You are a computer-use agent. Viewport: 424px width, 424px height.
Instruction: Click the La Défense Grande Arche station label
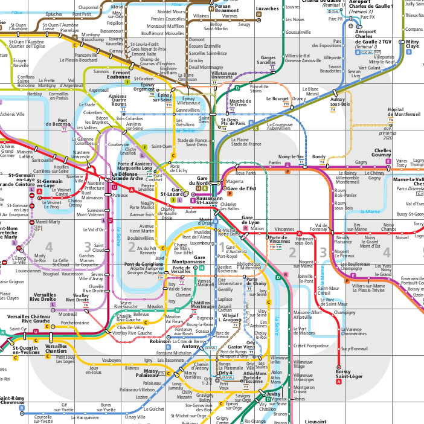pos(127,176)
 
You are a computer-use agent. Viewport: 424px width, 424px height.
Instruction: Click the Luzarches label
pos(268,9)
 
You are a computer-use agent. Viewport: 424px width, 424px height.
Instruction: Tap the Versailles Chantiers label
pos(56,349)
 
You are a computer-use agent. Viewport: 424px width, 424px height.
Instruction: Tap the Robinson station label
pos(161,341)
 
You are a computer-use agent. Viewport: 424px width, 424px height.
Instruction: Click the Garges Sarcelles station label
pos(268,60)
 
